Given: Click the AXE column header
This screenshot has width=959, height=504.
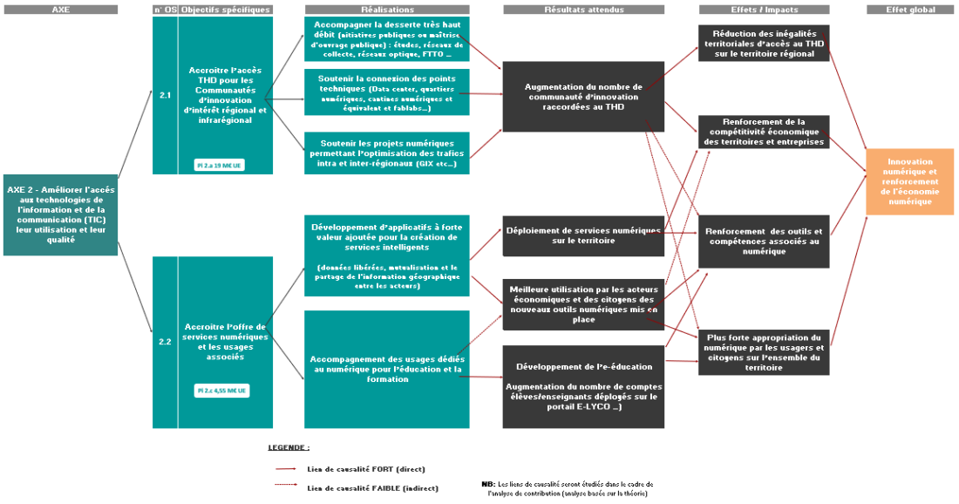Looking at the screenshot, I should [60, 10].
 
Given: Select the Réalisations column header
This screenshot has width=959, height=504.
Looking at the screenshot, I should [387, 10].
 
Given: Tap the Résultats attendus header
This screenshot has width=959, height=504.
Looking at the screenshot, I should [582, 10].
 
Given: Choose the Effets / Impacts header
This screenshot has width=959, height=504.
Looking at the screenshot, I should [764, 10].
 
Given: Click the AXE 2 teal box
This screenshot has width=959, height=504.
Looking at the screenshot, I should [60, 215].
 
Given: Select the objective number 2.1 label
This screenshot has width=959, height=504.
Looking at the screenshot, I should [165, 94].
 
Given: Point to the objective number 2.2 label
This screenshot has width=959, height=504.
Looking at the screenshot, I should [165, 342].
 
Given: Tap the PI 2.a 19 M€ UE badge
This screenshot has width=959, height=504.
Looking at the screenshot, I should [221, 164].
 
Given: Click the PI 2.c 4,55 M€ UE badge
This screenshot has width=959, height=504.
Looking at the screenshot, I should [221, 391].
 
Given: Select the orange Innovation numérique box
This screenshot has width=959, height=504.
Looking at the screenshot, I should [909, 181].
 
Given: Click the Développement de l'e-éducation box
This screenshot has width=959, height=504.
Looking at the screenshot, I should [582, 386].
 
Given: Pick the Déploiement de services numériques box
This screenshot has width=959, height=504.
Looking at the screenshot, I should [582, 235].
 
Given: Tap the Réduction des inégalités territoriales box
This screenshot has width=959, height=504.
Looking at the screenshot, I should [764, 43].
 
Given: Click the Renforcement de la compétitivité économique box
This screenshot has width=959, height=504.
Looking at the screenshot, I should [764, 132].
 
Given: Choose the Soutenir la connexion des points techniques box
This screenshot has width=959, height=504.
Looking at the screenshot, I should [387, 92].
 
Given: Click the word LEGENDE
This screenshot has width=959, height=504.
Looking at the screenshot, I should [288, 447].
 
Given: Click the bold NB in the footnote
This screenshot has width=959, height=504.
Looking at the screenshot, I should [487, 483].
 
